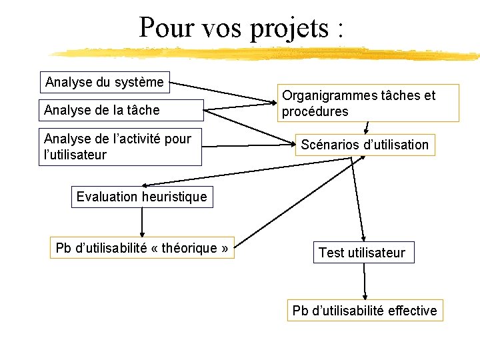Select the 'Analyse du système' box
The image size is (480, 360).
[104, 82]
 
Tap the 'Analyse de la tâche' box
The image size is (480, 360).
[121, 109]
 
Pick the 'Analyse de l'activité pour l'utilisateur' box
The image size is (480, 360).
[120, 147]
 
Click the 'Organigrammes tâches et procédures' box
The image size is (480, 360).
[368, 103]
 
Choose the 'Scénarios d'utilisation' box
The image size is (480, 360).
[365, 145]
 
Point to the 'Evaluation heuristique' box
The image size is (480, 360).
[142, 197]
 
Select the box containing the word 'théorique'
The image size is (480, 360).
[142, 249]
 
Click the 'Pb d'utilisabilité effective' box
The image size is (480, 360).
[365, 310]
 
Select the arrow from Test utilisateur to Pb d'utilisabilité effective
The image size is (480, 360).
[365, 280]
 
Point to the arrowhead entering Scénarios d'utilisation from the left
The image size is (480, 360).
[291, 145]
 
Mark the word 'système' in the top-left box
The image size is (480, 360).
[139, 82]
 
